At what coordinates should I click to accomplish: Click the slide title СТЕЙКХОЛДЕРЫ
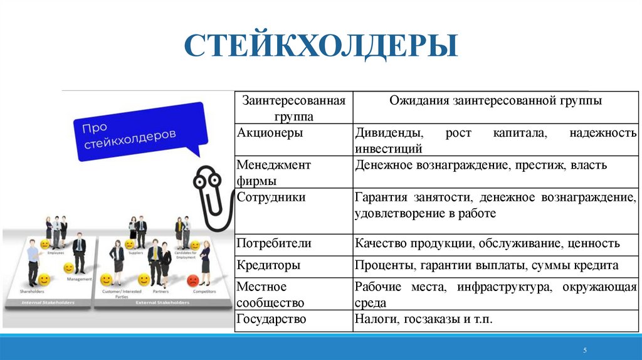point(320,47)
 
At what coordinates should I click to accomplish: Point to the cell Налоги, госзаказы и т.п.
point(424,319)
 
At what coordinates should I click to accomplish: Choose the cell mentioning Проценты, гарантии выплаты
point(487,265)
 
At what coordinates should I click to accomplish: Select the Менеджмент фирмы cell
point(273,172)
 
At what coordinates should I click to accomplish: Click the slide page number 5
point(584,350)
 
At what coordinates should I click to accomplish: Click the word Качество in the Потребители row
point(380,243)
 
